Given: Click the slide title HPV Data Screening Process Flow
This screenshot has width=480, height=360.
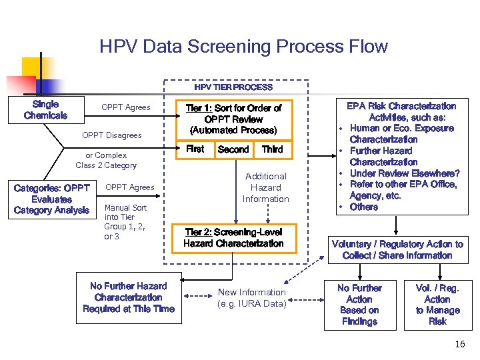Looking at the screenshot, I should pos(243,47).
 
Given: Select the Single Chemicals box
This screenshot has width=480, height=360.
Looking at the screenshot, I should pos(45,110).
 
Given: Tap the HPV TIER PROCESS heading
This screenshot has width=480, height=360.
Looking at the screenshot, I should pos(233,87).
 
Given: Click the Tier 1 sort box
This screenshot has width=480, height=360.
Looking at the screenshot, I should pos(233,118).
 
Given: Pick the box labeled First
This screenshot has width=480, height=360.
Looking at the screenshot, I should pos(195,149).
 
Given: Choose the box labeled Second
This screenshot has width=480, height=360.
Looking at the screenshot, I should pos(233,149).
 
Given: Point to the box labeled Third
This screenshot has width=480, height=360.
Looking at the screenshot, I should pos(272,149).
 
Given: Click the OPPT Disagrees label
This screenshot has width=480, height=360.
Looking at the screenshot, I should pos(112,135).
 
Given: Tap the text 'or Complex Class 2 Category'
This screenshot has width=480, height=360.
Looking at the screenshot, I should pos(106,160).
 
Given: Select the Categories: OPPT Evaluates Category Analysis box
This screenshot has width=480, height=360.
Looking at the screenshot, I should pos(51,199).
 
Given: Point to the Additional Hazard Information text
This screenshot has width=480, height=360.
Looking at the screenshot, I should pos(265,187).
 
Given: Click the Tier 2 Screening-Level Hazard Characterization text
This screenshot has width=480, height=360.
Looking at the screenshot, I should pos(233,238).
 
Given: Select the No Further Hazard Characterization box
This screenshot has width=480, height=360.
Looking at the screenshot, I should pos(129,297).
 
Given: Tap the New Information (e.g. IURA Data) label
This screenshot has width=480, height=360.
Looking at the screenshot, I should pos(252,298).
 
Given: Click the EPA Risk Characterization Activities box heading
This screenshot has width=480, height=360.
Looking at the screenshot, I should pos(401,111).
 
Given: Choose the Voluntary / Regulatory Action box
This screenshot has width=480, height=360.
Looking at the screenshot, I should pos(397,250).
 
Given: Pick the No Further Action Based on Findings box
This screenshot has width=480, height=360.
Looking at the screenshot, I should pos(359,305).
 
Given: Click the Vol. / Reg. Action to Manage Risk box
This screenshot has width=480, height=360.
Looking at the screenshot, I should pos(437,305).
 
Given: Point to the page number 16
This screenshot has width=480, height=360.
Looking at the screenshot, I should pos(459,345).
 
